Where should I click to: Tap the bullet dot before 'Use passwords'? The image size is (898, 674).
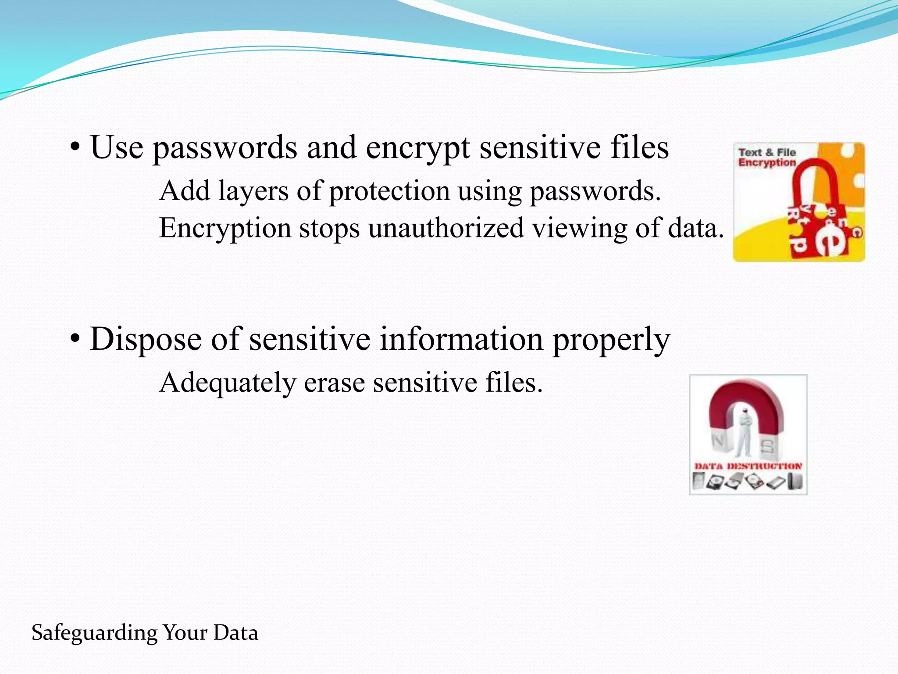tap(75, 148)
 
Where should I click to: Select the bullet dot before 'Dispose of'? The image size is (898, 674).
tap(75, 340)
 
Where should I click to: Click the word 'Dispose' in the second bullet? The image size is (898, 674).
tap(145, 340)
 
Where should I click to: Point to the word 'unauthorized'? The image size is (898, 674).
tap(446, 228)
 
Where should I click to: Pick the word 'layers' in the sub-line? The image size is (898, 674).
tap(253, 191)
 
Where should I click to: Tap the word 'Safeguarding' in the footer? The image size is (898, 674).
tap(94, 633)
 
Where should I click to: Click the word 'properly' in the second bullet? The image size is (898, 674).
tap(611, 340)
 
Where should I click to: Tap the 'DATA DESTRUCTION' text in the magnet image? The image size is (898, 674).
tap(748, 466)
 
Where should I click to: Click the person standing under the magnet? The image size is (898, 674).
tap(744, 432)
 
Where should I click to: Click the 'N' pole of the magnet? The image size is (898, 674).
tap(720, 441)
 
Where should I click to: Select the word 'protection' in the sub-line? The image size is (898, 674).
tap(389, 191)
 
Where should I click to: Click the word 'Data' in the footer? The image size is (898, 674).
tap(236, 633)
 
